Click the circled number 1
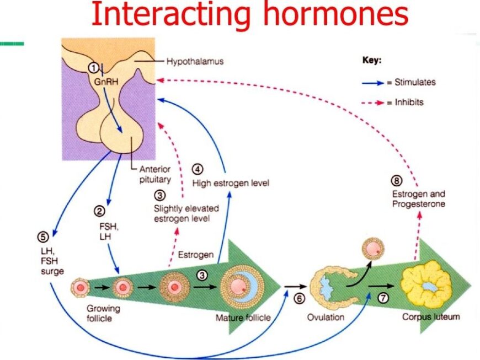[94, 67]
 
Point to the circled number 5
[42, 237]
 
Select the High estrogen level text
[230, 183]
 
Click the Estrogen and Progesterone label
[418, 199]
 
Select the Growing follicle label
[103, 313]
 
